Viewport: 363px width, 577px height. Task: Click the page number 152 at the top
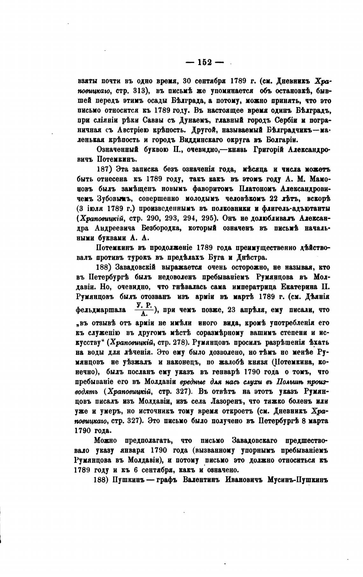[205, 62]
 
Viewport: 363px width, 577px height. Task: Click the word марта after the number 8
[319, 420]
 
